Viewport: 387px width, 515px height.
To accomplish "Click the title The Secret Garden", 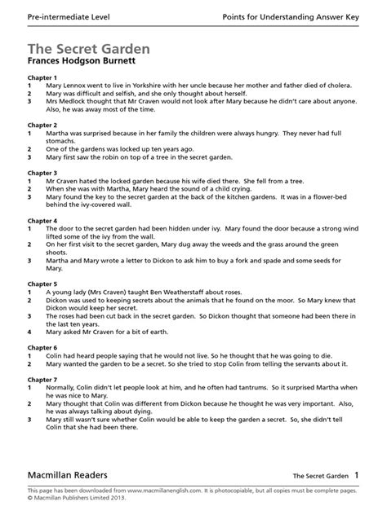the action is pos(87,49).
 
